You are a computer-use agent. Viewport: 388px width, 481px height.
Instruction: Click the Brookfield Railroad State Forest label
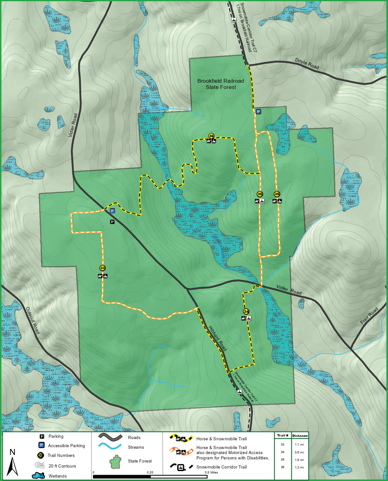[221, 84]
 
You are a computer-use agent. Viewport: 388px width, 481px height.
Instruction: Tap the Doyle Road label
[307, 64]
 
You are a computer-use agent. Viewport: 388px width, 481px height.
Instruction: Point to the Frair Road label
[369, 316]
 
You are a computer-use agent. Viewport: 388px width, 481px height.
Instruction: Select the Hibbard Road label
[217, 338]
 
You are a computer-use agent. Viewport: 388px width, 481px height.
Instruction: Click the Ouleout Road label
[33, 320]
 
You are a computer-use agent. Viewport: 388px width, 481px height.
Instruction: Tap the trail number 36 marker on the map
[211, 136]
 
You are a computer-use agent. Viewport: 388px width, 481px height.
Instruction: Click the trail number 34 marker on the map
[246, 311]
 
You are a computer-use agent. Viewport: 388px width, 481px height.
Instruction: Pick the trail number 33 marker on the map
[103, 268]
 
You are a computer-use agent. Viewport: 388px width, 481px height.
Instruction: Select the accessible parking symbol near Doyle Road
[258, 112]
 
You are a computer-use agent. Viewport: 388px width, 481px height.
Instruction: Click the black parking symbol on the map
[112, 222]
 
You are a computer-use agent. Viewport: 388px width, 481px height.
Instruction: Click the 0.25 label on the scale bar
[150, 473]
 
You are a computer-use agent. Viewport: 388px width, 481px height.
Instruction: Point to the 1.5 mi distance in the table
[299, 460]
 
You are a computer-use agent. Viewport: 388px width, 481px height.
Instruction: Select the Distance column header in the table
[300, 436]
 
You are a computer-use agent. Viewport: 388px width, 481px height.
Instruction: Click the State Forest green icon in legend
[115, 462]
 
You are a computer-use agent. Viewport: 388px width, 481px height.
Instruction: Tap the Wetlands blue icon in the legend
[38, 476]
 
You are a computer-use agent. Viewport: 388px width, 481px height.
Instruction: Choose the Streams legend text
[136, 447]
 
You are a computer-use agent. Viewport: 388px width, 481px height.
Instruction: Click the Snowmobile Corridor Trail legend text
[222, 467]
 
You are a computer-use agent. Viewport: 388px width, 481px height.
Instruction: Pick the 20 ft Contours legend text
[62, 466]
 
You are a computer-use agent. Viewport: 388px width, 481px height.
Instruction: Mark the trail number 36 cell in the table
[283, 467]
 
